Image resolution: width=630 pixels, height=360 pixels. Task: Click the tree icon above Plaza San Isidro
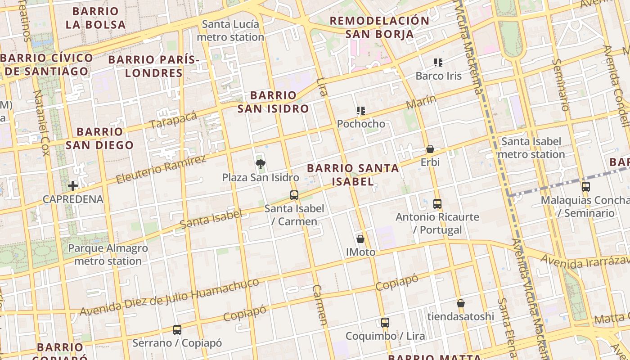[x=260, y=164]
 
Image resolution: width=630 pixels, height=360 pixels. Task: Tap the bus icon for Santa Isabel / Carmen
[x=294, y=195]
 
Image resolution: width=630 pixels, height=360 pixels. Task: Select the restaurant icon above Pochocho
[x=360, y=111]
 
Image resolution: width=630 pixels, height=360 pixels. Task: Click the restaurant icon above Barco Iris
[x=438, y=63]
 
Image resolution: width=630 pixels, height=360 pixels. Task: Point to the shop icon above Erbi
[x=430, y=149]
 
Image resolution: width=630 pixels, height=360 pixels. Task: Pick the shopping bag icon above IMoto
[x=360, y=239]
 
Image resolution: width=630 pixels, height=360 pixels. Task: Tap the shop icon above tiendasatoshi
[x=460, y=303]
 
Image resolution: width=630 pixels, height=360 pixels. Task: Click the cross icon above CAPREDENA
[x=73, y=186]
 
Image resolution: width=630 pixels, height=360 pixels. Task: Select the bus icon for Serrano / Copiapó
[x=177, y=330]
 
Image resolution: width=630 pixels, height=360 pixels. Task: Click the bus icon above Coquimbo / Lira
[x=385, y=323]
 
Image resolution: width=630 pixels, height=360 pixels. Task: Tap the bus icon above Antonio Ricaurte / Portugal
[x=437, y=204]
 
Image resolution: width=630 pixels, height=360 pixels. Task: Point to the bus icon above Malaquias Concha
[x=585, y=187]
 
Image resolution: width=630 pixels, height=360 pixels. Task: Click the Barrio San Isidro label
[x=273, y=102]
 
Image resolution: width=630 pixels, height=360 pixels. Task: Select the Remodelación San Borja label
[x=379, y=27]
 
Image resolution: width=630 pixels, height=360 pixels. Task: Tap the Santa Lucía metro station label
[x=230, y=31]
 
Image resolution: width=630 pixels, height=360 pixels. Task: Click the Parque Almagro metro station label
[x=108, y=254]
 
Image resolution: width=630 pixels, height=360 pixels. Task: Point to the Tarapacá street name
[x=174, y=119]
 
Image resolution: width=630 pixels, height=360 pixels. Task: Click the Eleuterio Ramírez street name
[x=161, y=169]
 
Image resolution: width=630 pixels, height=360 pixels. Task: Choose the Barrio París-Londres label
[x=154, y=66]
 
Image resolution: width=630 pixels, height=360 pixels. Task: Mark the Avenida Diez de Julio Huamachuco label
[x=170, y=297]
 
